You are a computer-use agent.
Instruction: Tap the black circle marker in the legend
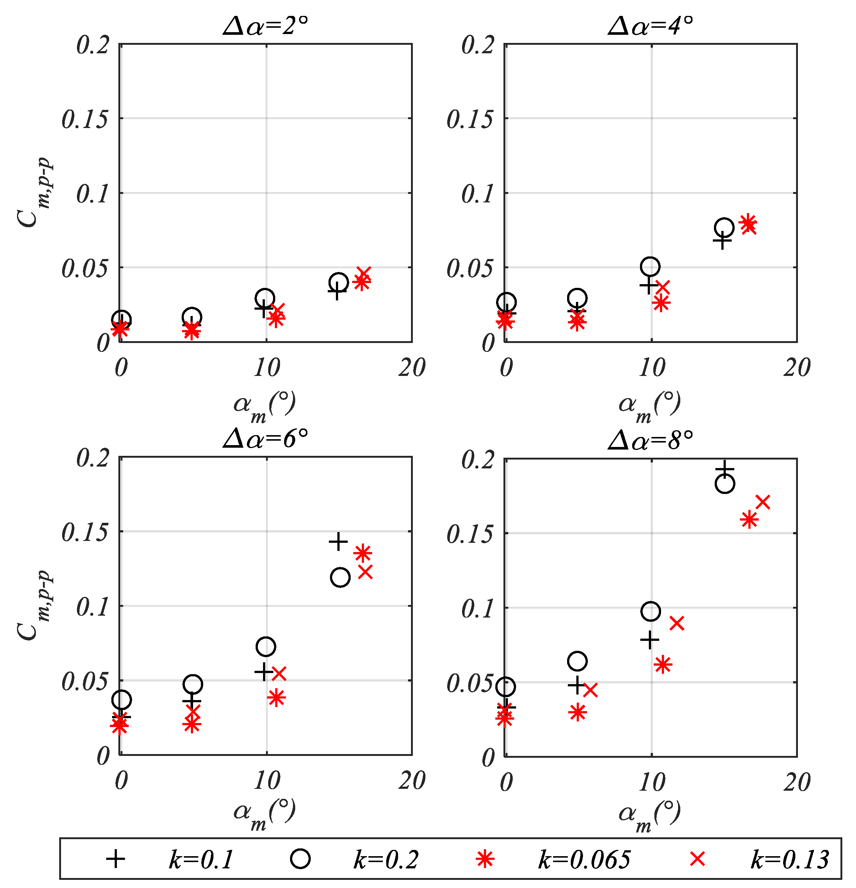(x=300, y=859)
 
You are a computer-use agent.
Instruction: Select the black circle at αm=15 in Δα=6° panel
(x=340, y=577)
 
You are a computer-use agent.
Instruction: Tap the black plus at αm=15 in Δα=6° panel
(x=338, y=541)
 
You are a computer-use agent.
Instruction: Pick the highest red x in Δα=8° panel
(x=763, y=502)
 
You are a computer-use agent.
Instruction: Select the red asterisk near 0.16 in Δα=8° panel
(x=749, y=519)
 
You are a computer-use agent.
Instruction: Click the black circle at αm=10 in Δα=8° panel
(x=651, y=612)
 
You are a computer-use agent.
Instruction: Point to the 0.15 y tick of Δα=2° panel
(x=85, y=120)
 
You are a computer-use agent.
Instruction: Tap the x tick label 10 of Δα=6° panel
(x=266, y=781)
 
